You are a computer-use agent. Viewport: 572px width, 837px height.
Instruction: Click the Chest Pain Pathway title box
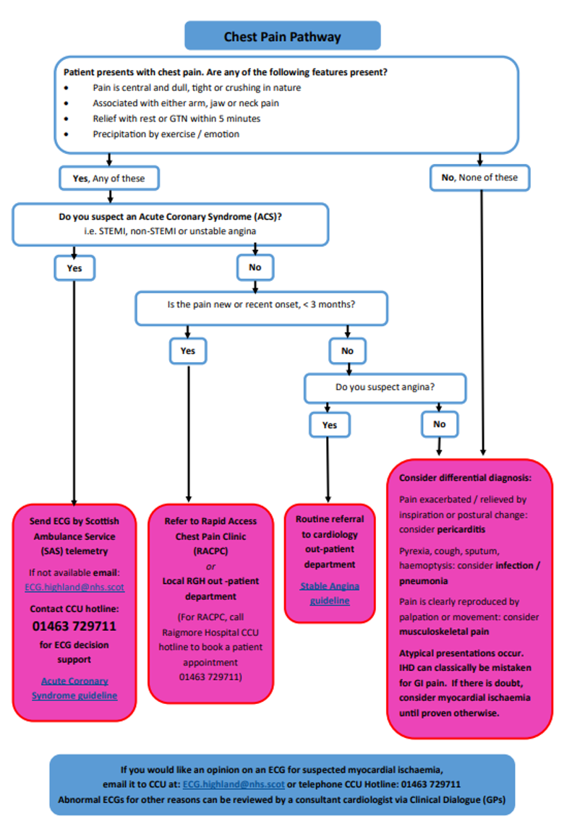coord(282,36)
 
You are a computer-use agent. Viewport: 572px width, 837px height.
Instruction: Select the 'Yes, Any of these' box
coord(108,178)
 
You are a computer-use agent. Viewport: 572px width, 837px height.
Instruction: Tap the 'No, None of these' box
coord(479,177)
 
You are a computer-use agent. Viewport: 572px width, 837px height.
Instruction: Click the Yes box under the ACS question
coord(74,268)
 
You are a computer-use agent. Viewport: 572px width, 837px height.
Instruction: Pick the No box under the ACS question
coord(255,267)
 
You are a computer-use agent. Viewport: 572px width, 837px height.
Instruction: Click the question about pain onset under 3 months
coord(261,305)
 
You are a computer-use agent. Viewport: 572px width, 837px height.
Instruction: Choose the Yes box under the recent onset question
coord(187,351)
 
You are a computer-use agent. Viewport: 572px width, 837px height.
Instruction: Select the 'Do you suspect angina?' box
coord(385,387)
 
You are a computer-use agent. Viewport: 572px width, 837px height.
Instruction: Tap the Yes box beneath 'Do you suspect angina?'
coord(329,425)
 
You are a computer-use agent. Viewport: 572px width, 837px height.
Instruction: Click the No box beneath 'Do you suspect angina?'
coord(439,424)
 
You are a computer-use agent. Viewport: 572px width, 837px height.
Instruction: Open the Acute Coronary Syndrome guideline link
coord(74,688)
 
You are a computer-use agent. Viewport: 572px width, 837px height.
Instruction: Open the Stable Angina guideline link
coord(330,593)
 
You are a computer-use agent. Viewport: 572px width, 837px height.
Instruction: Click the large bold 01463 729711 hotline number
coord(74,626)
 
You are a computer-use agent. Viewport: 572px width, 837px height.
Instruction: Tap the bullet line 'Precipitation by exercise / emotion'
coord(166,134)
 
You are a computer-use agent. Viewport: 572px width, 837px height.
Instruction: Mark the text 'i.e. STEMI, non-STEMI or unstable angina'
coord(171,231)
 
